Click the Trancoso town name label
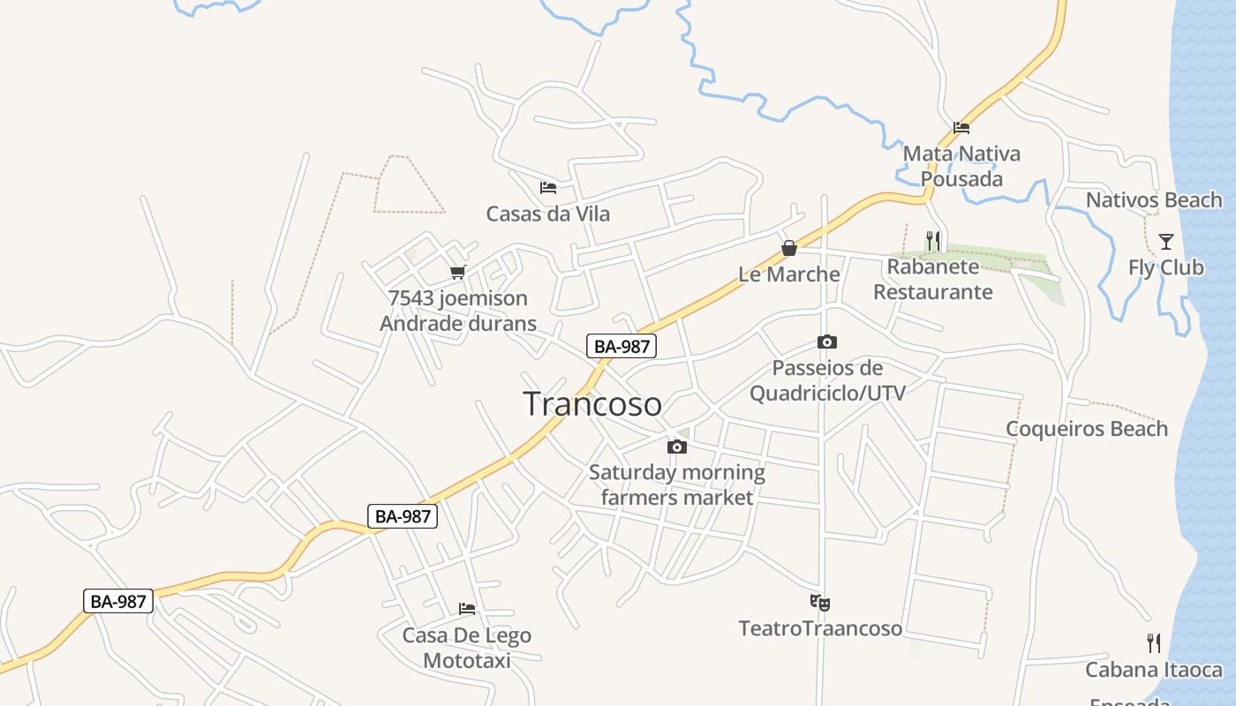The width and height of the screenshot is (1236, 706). point(592,404)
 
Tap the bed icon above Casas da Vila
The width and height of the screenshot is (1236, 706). point(548,188)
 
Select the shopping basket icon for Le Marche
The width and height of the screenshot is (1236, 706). point(789,249)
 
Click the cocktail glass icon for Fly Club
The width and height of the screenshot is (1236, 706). point(1165,241)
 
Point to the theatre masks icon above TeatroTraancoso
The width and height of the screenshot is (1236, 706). point(820,603)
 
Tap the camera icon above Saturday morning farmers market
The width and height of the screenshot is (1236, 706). point(677,447)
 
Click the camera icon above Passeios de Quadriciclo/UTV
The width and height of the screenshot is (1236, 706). point(827,342)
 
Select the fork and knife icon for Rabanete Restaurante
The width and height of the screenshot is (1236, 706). point(933,240)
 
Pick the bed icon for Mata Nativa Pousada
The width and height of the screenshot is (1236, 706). point(961,128)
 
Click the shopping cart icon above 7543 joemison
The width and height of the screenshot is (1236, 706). point(457,273)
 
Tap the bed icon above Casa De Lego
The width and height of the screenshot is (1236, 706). point(467,609)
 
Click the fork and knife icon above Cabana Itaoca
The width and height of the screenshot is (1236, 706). point(1153,642)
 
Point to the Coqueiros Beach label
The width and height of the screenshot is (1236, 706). point(1087,429)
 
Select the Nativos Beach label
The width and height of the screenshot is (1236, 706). point(1154,200)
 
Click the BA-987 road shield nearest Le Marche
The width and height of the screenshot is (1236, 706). point(622,346)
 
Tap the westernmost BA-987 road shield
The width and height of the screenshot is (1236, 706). point(118,601)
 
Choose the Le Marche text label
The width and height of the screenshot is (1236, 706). point(789,274)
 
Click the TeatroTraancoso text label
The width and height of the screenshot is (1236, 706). point(820,628)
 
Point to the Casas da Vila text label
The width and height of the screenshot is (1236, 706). point(547,214)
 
